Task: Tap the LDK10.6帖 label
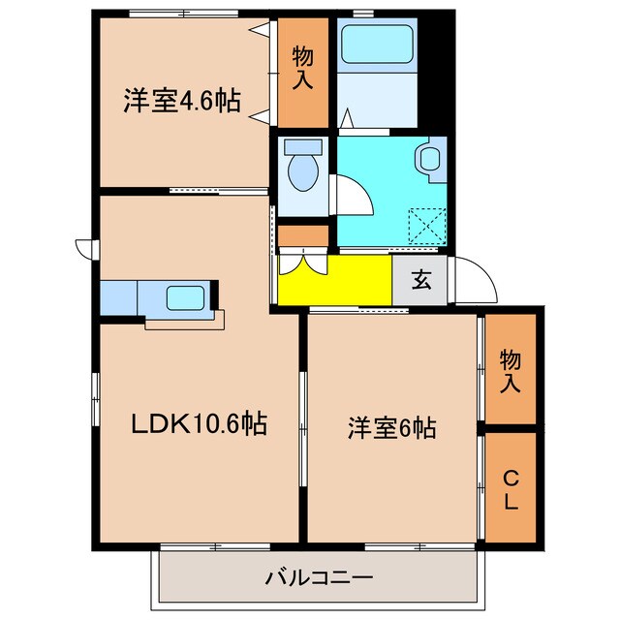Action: click(x=200, y=422)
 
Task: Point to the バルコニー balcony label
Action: click(x=319, y=579)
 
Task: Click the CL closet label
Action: click(x=510, y=490)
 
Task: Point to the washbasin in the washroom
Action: click(x=428, y=158)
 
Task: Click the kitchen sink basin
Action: click(x=183, y=296)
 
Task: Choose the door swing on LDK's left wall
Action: click(x=85, y=248)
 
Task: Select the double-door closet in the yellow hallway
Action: click(x=306, y=263)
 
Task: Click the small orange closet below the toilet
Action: click(x=304, y=236)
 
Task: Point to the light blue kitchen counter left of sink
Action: click(x=118, y=297)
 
